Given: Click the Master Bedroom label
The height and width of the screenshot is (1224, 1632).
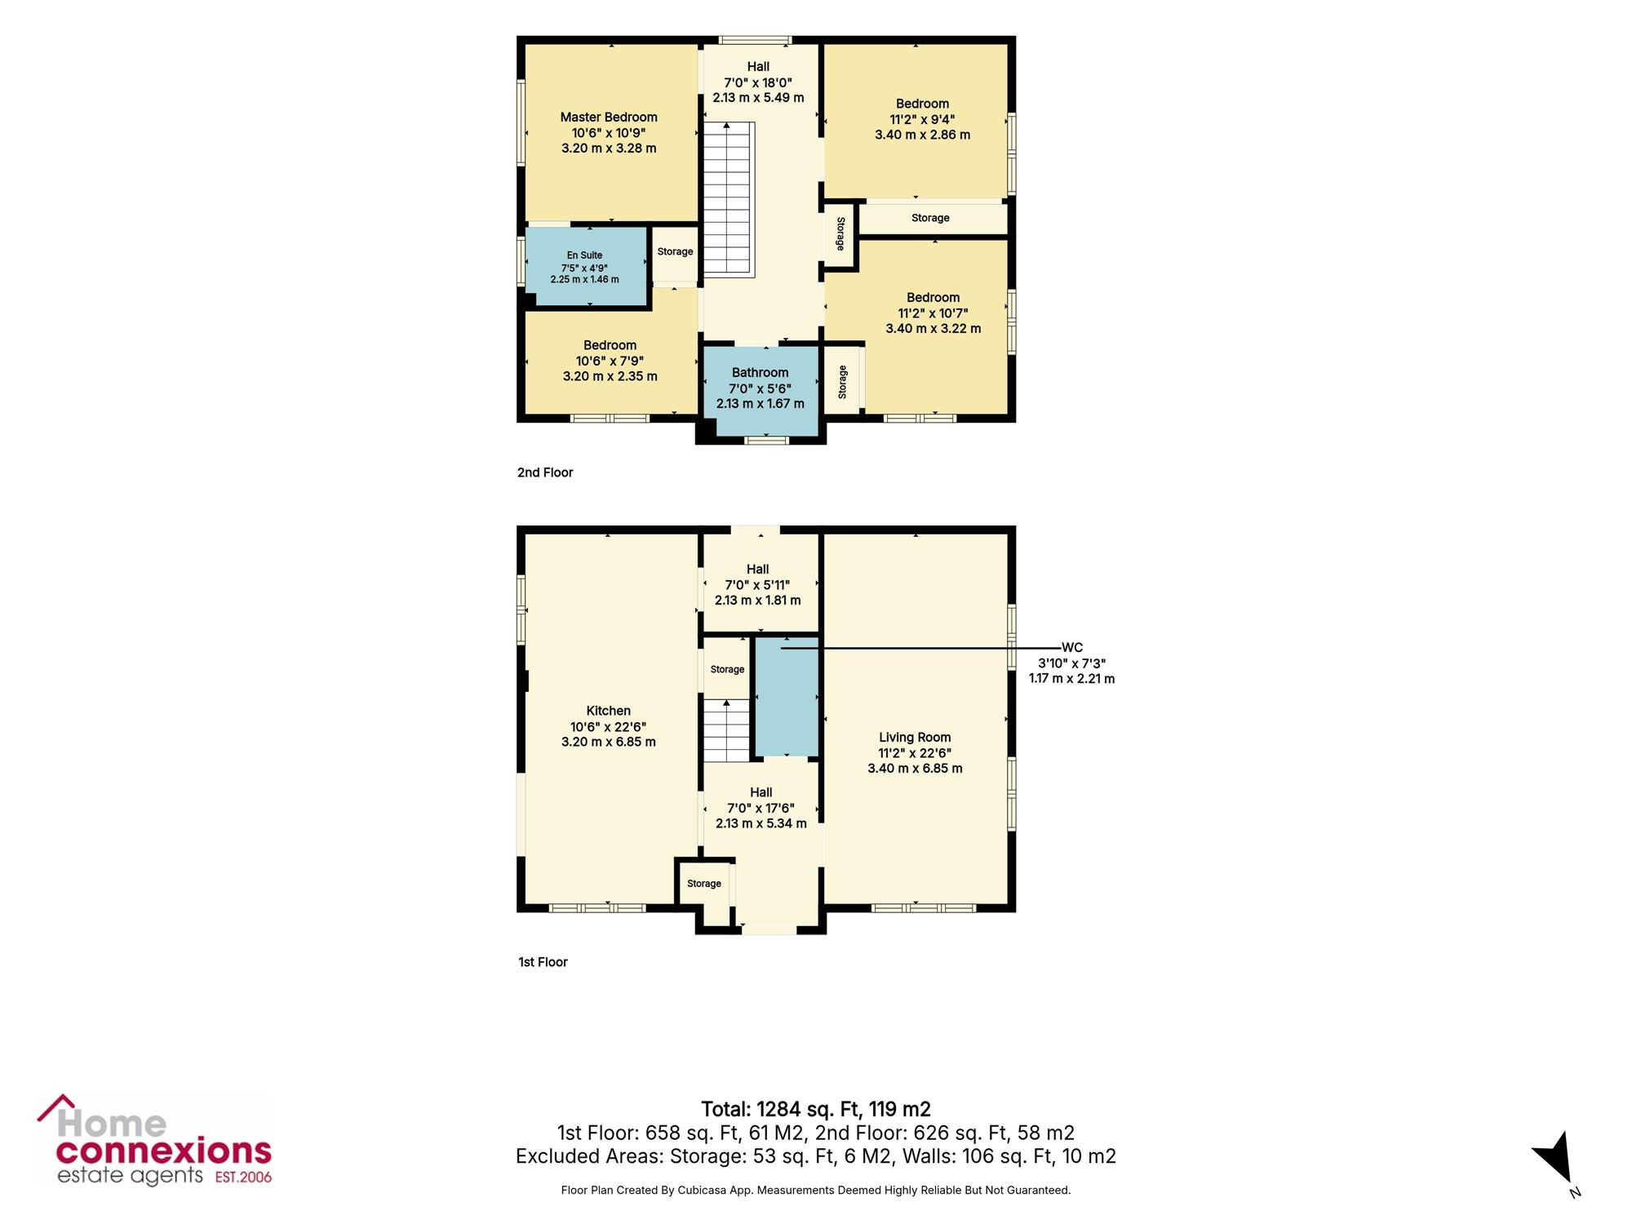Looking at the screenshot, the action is (x=609, y=118).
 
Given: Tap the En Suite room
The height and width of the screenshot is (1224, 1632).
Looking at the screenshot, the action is (x=587, y=267).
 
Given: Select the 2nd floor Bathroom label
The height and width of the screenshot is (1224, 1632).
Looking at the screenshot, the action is (x=761, y=373).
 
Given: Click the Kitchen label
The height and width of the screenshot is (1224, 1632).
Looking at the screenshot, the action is (x=609, y=711).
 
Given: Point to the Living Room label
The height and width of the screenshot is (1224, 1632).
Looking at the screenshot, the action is (x=915, y=738).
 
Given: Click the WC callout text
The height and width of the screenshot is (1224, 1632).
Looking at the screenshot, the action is (x=1072, y=648).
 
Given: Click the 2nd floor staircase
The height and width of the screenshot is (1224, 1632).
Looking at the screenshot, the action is (x=727, y=198).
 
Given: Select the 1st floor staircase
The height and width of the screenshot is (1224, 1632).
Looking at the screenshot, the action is (x=726, y=731).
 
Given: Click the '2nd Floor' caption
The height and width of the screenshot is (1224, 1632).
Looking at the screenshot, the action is (x=545, y=472).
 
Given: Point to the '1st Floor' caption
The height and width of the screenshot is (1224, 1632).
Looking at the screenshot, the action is (x=543, y=962).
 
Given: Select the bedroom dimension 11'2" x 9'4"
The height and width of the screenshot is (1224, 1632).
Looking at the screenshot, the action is (x=923, y=119).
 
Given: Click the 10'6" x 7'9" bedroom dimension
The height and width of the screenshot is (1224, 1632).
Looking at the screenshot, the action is (x=610, y=361).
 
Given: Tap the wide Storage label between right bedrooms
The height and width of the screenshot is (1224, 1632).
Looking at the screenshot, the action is (x=930, y=218).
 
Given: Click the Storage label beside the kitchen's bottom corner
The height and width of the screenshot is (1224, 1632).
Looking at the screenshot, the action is (x=704, y=884).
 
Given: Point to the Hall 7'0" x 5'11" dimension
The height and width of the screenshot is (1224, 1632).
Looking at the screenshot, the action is (x=758, y=585).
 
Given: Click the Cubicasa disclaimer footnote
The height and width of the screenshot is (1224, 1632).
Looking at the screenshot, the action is (x=816, y=1191).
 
